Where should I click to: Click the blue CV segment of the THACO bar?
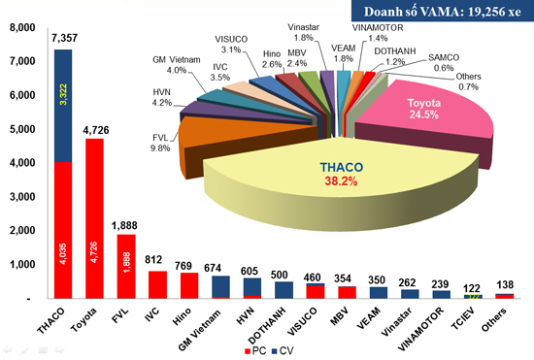[63, 107]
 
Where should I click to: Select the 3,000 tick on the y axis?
[18, 197]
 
